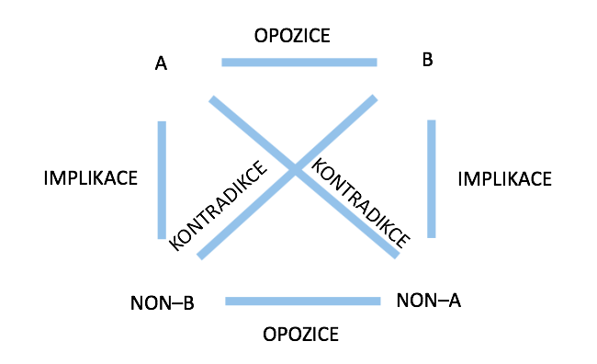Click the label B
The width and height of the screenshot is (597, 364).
click(427, 61)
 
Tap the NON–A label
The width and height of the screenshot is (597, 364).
click(428, 299)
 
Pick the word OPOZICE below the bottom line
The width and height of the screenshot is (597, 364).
click(300, 332)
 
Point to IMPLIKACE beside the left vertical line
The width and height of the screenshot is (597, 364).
click(91, 177)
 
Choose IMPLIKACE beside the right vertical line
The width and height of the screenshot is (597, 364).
click(504, 177)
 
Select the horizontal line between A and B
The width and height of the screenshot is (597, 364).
click(298, 63)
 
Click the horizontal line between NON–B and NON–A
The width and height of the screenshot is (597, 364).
click(302, 301)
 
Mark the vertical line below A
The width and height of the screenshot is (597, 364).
click(162, 179)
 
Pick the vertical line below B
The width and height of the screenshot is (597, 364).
click(431, 178)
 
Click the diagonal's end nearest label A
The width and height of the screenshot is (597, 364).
click(213, 98)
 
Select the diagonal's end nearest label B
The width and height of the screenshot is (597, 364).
click(375, 98)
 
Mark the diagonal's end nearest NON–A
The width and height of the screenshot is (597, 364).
click(396, 255)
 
